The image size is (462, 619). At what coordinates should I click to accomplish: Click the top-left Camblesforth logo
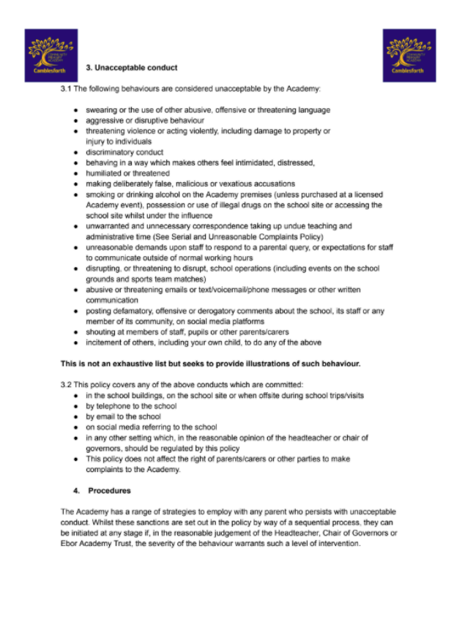(51, 55)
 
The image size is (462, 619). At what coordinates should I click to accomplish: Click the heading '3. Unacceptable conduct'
(132, 68)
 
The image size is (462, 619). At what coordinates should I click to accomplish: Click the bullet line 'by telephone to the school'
(131, 406)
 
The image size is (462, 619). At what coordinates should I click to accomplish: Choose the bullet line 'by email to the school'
(125, 416)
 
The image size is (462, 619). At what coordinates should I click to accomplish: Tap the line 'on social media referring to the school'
(152, 427)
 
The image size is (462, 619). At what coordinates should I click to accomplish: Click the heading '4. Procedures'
(110, 491)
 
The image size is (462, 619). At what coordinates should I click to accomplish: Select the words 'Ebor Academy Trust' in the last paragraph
(93, 544)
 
